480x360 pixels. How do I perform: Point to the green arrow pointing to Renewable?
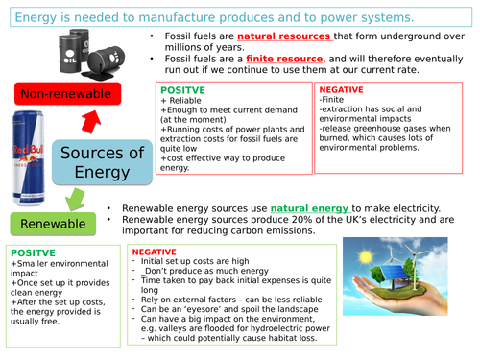pyautogui.click(x=74, y=198)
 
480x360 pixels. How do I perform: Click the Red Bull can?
pyautogui.click(x=31, y=158)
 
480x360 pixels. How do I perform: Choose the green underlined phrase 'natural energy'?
pyautogui.click(x=309, y=208)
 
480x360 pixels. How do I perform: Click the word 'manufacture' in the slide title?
pyautogui.click(x=181, y=16)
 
